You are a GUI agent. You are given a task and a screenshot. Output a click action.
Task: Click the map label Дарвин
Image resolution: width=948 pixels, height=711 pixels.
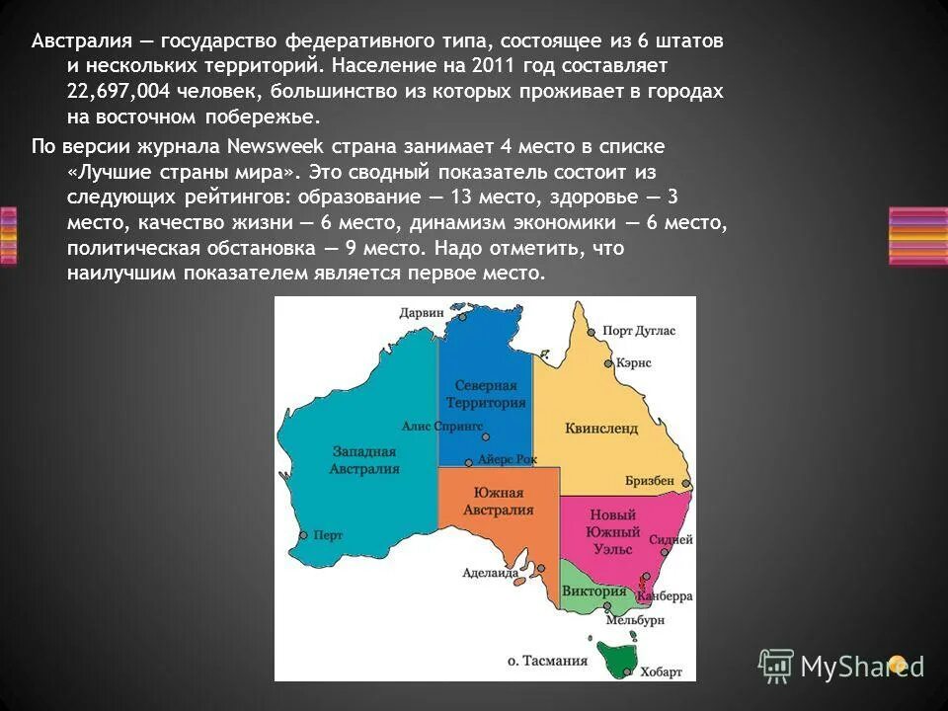tap(422, 313)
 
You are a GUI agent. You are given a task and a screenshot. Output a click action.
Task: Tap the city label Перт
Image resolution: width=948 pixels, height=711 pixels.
tap(328, 535)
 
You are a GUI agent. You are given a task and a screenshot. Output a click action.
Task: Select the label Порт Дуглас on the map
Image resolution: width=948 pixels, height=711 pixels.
tap(638, 332)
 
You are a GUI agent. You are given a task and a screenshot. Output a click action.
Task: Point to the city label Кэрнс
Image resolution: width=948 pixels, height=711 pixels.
tap(633, 363)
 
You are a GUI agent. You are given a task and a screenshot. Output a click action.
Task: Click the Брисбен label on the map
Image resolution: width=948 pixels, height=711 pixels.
tap(650, 481)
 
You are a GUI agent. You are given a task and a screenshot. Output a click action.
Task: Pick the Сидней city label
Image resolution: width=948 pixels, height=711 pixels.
tap(671, 540)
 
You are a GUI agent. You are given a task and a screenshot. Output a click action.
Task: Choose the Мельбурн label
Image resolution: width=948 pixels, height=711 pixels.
tap(635, 620)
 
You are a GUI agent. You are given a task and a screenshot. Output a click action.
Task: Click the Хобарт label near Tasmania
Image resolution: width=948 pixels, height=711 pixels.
tap(661, 671)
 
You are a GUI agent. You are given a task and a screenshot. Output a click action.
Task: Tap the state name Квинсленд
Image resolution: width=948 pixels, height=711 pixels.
tap(601, 429)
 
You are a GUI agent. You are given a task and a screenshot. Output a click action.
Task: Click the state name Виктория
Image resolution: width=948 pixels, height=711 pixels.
tap(594, 592)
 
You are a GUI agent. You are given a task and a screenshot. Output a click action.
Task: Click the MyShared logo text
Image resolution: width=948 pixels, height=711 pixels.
tap(862, 666)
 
